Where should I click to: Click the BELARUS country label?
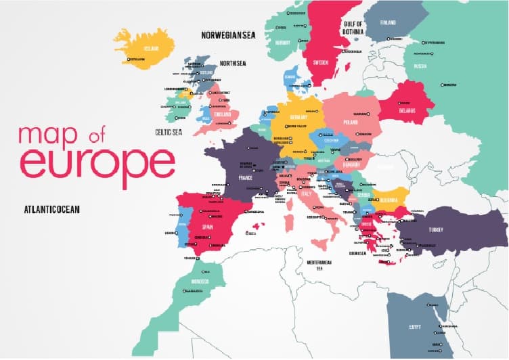coord(407,110)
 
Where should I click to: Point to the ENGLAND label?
coord(223,114)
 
